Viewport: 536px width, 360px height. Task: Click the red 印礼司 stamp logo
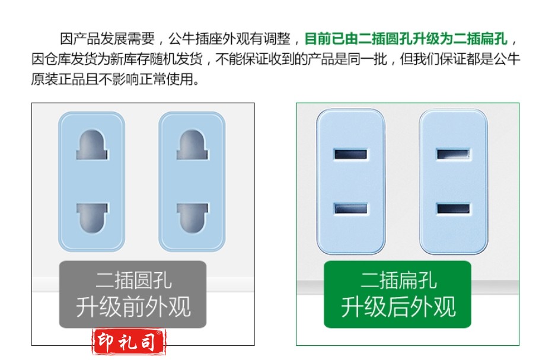coord(129,342)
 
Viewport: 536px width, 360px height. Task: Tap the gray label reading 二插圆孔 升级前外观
coord(133,294)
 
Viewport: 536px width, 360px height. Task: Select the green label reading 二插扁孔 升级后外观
coord(398,294)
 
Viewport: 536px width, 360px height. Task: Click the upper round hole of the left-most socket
coord(92,145)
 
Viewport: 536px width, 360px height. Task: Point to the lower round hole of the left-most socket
coord(92,218)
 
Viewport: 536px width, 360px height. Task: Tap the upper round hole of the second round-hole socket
coord(192,145)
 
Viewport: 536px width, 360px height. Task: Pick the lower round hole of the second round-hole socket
coord(192,218)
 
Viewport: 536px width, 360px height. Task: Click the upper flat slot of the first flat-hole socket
coord(350,154)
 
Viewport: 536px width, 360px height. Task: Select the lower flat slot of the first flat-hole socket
coord(350,209)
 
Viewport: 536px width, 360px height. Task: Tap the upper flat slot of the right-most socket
coord(453,154)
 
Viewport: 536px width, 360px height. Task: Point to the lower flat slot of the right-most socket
coord(453,209)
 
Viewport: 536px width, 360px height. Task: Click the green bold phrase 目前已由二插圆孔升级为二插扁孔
coord(406,39)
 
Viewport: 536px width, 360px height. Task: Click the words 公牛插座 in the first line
coord(195,39)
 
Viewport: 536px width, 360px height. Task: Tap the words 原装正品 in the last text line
coord(58,79)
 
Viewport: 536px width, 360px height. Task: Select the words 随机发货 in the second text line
coord(176,59)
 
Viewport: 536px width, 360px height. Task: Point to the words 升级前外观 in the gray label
coord(133,307)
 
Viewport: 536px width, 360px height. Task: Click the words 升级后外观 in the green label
coord(398,307)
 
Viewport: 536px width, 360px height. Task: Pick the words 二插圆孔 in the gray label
coord(133,281)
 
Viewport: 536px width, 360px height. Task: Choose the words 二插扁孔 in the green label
coord(398,281)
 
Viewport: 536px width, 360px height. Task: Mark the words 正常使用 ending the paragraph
coord(167,79)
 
